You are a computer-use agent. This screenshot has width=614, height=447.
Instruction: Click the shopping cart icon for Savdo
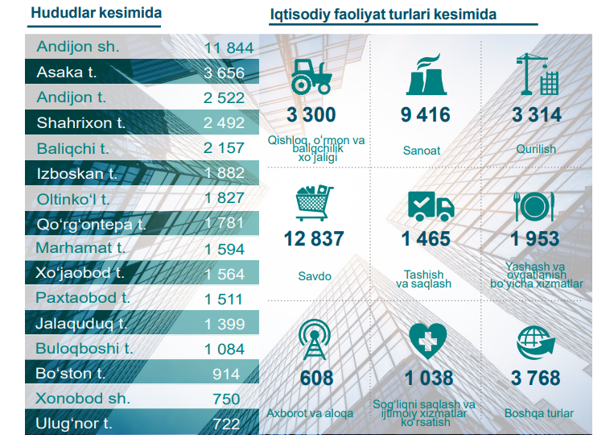pyautogui.click(x=313, y=202)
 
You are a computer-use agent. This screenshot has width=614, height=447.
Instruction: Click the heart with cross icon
pyautogui.click(x=428, y=341)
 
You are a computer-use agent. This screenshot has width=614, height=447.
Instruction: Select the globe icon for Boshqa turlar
pyautogui.click(x=535, y=342)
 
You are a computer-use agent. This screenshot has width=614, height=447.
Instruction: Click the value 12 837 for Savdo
pyautogui.click(x=313, y=239)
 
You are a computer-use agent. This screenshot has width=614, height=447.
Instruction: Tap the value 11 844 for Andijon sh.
pyautogui.click(x=229, y=48)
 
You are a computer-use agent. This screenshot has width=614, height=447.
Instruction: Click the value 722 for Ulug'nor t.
pyautogui.click(x=226, y=423)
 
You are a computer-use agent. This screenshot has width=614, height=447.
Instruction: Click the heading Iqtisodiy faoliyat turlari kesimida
pyautogui.click(x=383, y=14)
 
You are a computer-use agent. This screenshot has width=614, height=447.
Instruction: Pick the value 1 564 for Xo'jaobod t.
pyautogui.click(x=225, y=273)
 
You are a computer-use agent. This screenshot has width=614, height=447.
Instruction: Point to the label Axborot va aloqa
pyautogui.click(x=310, y=413)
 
